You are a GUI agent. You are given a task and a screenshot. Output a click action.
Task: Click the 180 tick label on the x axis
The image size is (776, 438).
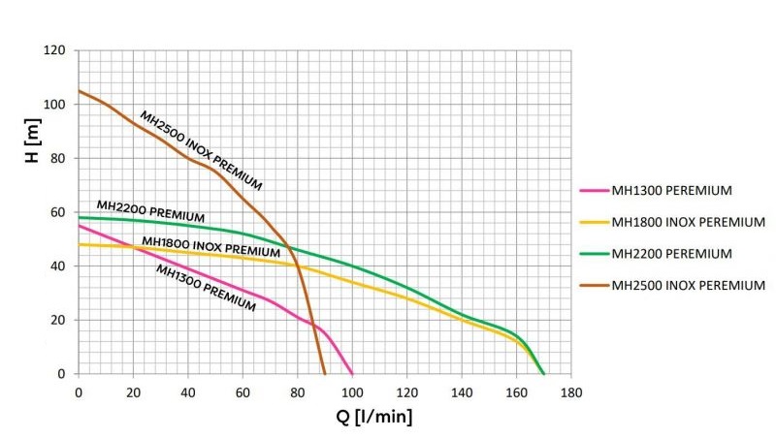[x=571, y=392]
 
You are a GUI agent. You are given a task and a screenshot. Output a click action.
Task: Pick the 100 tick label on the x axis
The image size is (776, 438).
[x=352, y=392]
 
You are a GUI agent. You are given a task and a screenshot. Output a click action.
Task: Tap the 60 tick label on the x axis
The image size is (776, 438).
[x=242, y=392]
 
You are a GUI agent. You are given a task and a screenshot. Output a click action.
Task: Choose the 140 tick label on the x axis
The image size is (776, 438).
[x=462, y=392]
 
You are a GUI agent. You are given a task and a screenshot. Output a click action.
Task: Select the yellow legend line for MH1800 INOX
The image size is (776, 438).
[x=592, y=222]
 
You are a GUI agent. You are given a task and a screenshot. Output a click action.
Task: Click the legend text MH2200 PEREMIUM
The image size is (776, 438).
[x=670, y=253]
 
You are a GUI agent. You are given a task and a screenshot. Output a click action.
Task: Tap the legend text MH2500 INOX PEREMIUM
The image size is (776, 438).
[x=688, y=285]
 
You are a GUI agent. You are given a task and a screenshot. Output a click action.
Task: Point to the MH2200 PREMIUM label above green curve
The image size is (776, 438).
[x=150, y=210]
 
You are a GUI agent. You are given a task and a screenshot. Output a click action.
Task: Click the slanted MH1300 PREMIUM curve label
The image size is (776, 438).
[x=207, y=288]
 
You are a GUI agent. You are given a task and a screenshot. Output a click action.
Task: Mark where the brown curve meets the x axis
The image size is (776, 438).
[x=325, y=374]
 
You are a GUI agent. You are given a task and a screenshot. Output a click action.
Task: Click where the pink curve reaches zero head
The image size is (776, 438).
[x=352, y=374]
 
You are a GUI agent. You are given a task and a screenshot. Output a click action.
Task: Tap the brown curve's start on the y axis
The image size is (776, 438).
[x=79, y=91]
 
